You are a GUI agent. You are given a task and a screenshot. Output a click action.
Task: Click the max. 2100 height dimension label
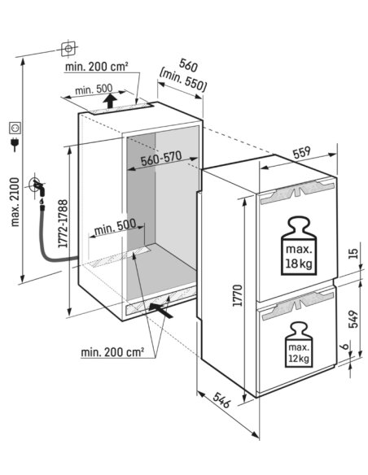(15, 202)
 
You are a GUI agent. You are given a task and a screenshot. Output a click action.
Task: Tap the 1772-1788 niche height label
(63, 224)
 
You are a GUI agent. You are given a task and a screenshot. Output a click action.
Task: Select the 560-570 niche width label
(161, 159)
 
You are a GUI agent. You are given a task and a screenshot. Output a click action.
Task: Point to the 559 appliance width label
(302, 153)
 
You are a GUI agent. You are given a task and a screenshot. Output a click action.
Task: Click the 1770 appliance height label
(238, 295)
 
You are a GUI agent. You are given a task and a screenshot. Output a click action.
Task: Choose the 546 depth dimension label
(221, 400)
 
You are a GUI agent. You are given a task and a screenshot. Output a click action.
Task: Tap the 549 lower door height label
(353, 319)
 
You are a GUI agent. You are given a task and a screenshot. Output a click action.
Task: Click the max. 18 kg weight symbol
(299, 246)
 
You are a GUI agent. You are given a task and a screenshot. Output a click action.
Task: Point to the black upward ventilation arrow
(110, 101)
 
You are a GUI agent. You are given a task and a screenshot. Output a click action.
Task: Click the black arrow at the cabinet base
(161, 310)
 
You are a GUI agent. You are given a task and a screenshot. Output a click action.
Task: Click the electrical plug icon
(15, 144)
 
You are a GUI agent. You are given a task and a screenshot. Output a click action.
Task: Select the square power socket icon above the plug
(15, 128)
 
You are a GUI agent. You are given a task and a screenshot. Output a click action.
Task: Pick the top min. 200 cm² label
(96, 67)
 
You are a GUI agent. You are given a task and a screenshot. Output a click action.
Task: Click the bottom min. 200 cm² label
(112, 352)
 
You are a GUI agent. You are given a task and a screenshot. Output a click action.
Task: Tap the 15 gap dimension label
(353, 253)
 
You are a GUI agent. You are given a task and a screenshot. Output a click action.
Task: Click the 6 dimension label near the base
(344, 346)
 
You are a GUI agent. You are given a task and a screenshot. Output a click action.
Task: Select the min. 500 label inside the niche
(115, 228)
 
